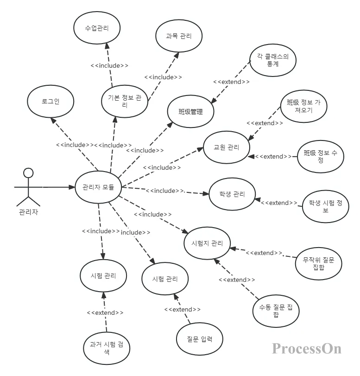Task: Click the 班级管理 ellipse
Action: point(190,111)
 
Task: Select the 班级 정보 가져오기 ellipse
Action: point(303,106)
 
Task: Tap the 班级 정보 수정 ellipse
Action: point(321,157)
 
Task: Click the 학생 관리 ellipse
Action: point(232,194)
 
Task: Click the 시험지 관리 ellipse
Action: point(207,243)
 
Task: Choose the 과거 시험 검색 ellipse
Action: point(106,348)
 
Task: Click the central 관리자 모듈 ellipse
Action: point(98,187)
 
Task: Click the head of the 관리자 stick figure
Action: point(28,173)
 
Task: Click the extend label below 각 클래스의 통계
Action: point(231,82)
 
